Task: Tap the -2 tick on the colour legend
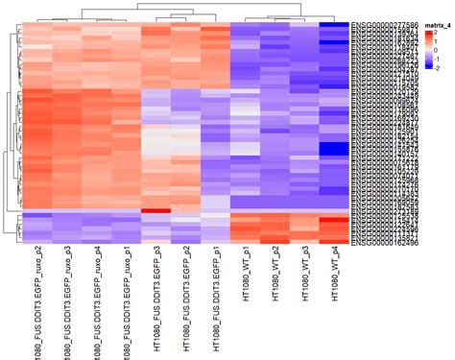point(437,66)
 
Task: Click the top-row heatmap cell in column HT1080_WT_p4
point(335,25)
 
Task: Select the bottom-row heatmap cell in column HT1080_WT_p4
point(335,242)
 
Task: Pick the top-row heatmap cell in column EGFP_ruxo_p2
point(37,25)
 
